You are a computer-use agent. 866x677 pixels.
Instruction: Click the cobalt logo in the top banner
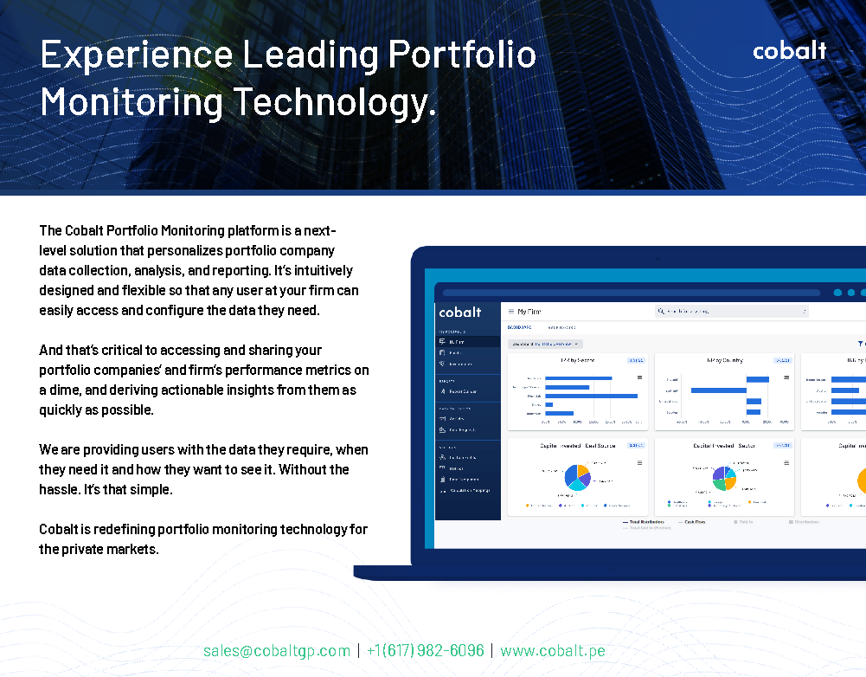(x=789, y=51)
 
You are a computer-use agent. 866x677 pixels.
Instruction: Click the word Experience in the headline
(x=134, y=55)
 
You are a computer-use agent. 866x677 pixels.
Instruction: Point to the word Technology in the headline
(x=332, y=102)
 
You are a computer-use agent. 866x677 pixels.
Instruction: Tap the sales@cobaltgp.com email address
(x=277, y=650)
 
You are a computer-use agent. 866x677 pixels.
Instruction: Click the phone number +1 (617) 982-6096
(x=425, y=650)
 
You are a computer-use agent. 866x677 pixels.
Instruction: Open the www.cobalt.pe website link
(x=552, y=650)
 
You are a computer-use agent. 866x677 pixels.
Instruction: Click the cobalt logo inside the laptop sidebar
(x=460, y=312)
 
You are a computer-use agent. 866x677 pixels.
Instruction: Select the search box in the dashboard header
(x=732, y=311)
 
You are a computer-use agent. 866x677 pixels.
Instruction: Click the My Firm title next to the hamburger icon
(x=529, y=312)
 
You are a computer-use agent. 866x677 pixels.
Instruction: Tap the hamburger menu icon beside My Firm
(x=511, y=312)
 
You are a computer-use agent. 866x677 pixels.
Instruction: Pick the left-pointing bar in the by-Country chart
(x=718, y=390)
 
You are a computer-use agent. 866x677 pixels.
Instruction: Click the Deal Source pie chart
(x=577, y=476)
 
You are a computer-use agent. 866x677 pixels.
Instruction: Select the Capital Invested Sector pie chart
(x=724, y=477)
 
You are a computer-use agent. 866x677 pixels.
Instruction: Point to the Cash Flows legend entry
(x=692, y=522)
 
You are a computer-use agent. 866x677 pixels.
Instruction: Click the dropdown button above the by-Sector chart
(x=545, y=344)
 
